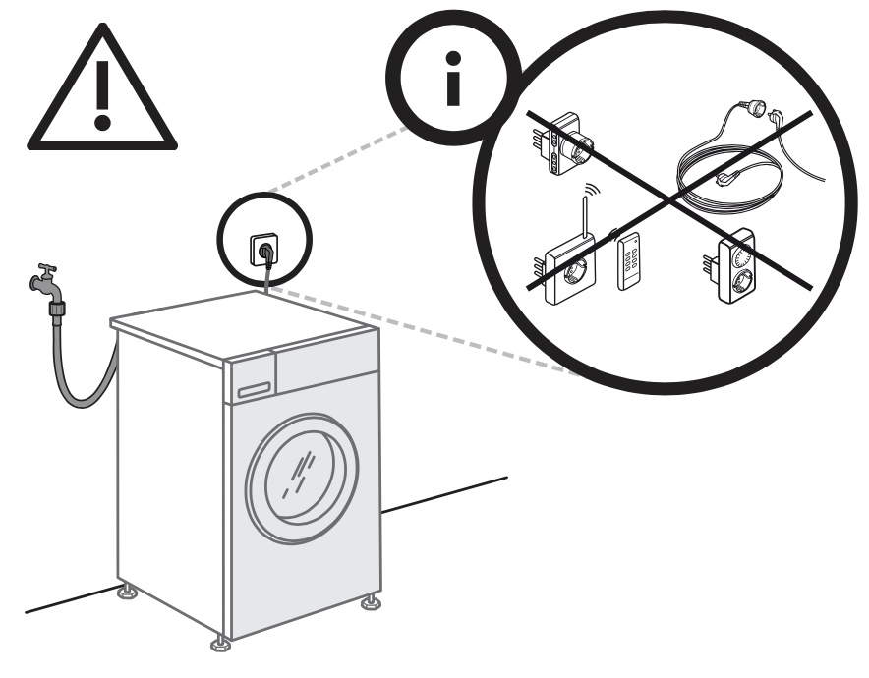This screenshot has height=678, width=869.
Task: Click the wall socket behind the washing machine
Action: pos(264,250)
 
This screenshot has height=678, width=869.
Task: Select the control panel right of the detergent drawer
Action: pos(324,363)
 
